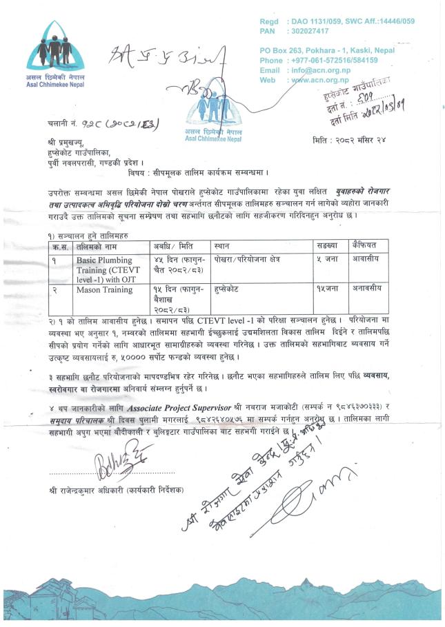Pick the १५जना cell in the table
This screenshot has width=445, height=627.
[331, 290]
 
